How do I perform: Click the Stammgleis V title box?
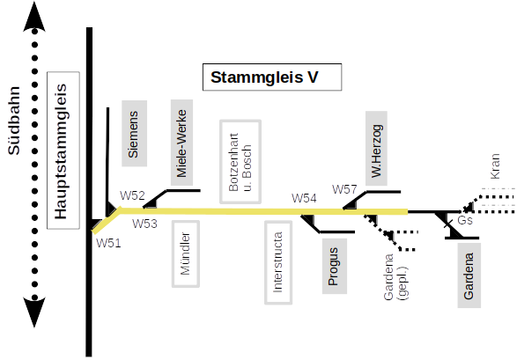pyautogui.click(x=272, y=77)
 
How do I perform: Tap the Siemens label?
pyautogui.click(x=134, y=134)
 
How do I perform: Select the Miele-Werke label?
pyautogui.click(x=181, y=143)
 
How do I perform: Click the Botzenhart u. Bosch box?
pyautogui.click(x=240, y=161)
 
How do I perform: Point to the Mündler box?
pyautogui.click(x=186, y=253)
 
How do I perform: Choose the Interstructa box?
pyautogui.click(x=278, y=262)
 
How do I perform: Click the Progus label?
pyautogui.click(x=335, y=266)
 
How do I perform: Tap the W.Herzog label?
pyautogui.click(x=376, y=148)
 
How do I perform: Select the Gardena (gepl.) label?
pyautogui.click(x=395, y=277)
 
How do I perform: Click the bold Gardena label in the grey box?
pyautogui.click(x=469, y=276)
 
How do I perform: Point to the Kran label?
pyautogui.click(x=495, y=166)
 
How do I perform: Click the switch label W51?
pyautogui.click(x=108, y=243)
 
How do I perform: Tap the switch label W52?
pyautogui.click(x=132, y=195)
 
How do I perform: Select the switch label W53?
pyautogui.click(x=144, y=224)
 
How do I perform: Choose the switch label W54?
pyautogui.click(x=304, y=198)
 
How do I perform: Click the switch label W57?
pyautogui.click(x=344, y=189)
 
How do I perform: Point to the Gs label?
pyautogui.click(x=465, y=220)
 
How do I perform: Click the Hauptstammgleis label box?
pyautogui.click(x=63, y=151)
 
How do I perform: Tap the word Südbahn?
pyautogui.click(x=14, y=121)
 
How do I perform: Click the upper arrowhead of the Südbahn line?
pyautogui.click(x=34, y=17)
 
